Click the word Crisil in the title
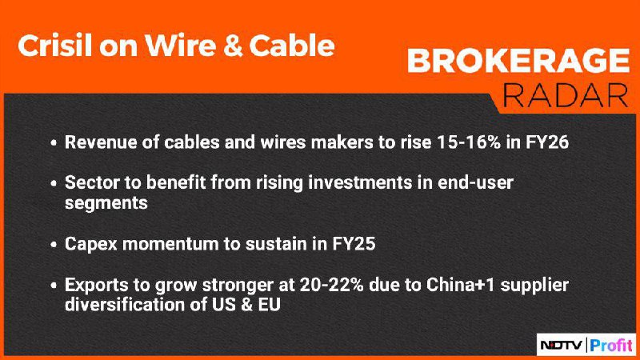click(x=55, y=46)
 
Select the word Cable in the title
click(x=292, y=46)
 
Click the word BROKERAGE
click(x=518, y=61)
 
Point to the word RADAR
click(x=566, y=95)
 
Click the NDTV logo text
click(x=562, y=346)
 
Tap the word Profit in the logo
click(x=611, y=346)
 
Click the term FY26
click(x=546, y=142)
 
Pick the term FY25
click(x=354, y=244)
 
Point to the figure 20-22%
click(x=331, y=285)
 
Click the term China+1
click(x=461, y=285)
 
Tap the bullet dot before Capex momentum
click(x=54, y=245)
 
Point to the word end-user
click(x=475, y=182)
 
